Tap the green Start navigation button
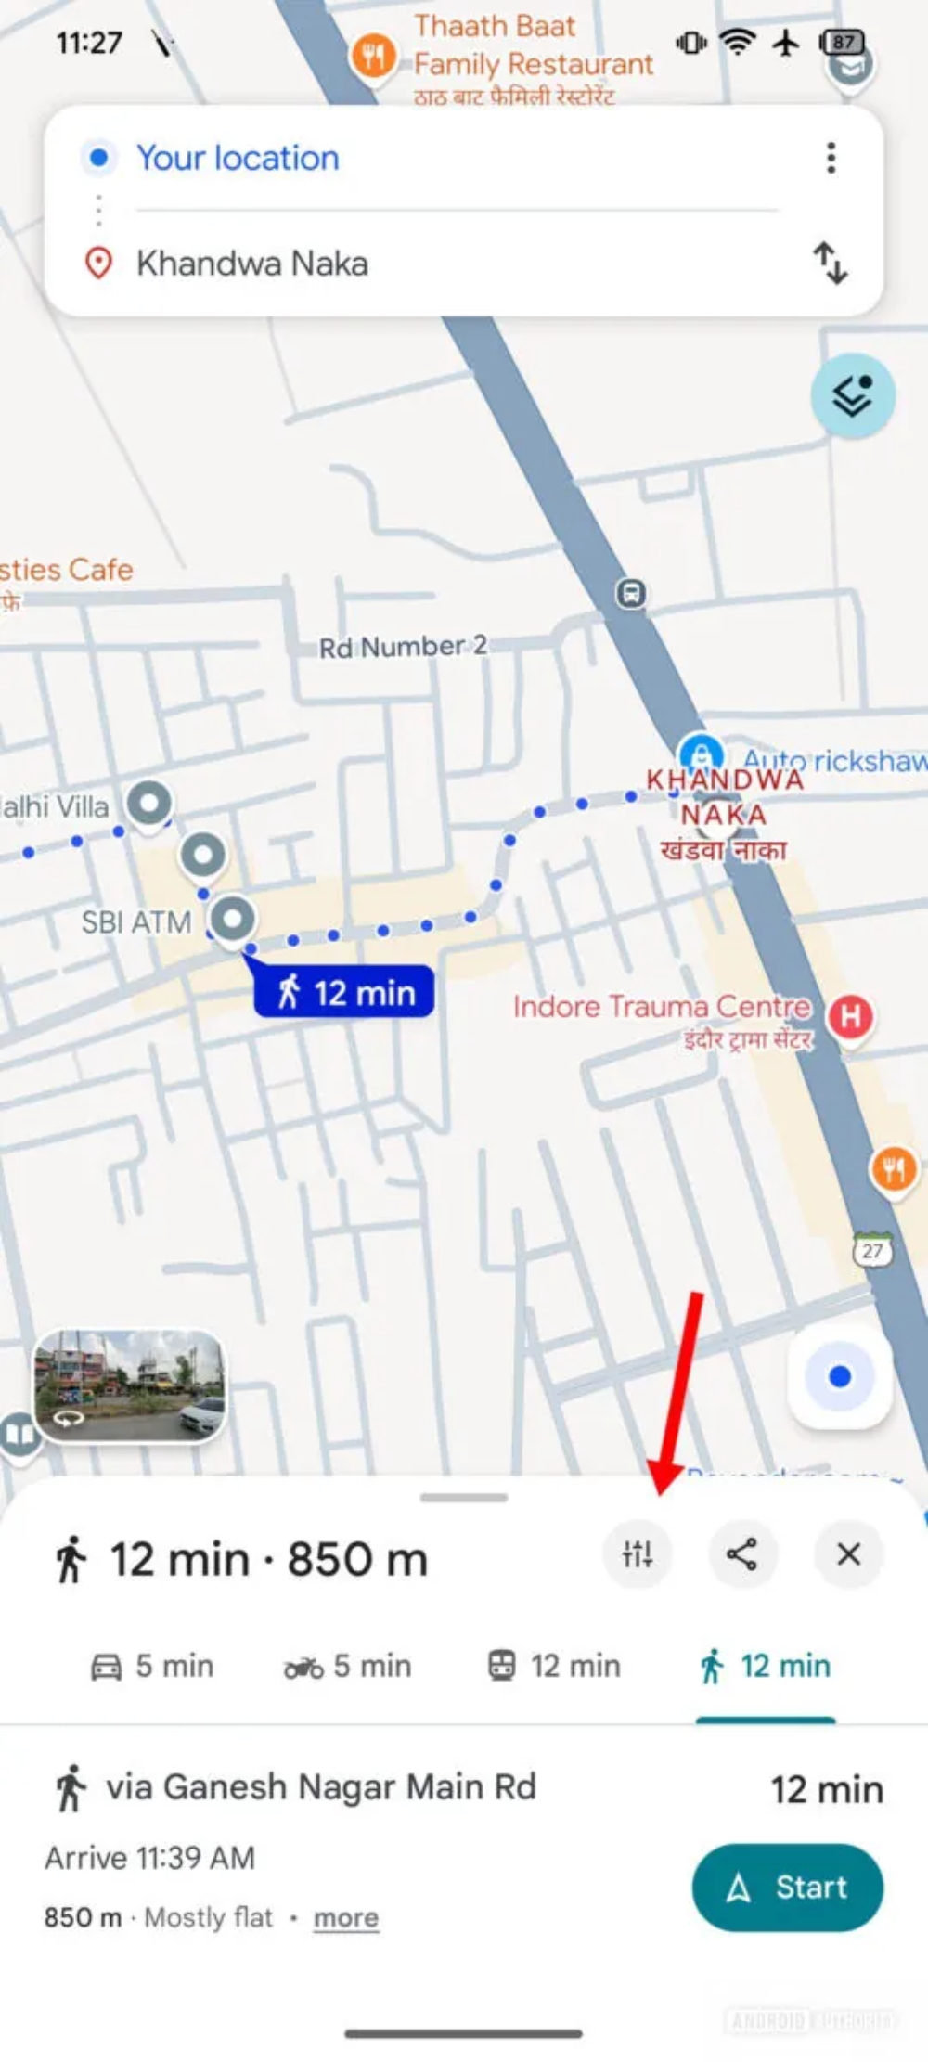(787, 1887)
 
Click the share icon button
(741, 1553)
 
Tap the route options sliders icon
(638, 1553)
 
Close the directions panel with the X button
(848, 1553)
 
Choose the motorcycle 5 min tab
(348, 1666)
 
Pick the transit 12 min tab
(555, 1666)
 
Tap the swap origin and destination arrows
(831, 263)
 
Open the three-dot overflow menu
(831, 158)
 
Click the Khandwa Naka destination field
(252, 264)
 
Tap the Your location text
(238, 158)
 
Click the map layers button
(852, 396)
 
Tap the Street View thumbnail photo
(130, 1385)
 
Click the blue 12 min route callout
(344, 992)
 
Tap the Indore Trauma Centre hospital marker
(850, 1017)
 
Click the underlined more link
(345, 1917)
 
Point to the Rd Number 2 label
(403, 647)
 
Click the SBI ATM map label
(136, 922)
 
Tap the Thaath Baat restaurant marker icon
(373, 58)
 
